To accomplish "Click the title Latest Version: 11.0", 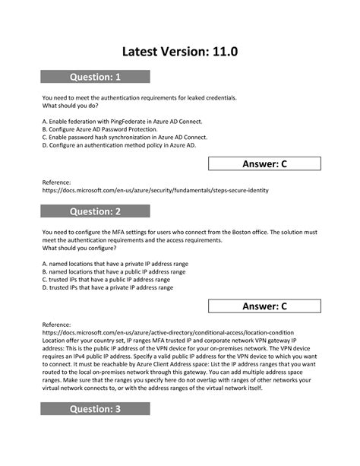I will (x=180, y=51).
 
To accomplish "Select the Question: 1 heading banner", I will (x=95, y=76).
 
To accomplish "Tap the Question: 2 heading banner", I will (x=95, y=211).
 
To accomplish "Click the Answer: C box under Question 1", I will (x=264, y=163).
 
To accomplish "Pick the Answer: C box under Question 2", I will (x=264, y=306).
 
